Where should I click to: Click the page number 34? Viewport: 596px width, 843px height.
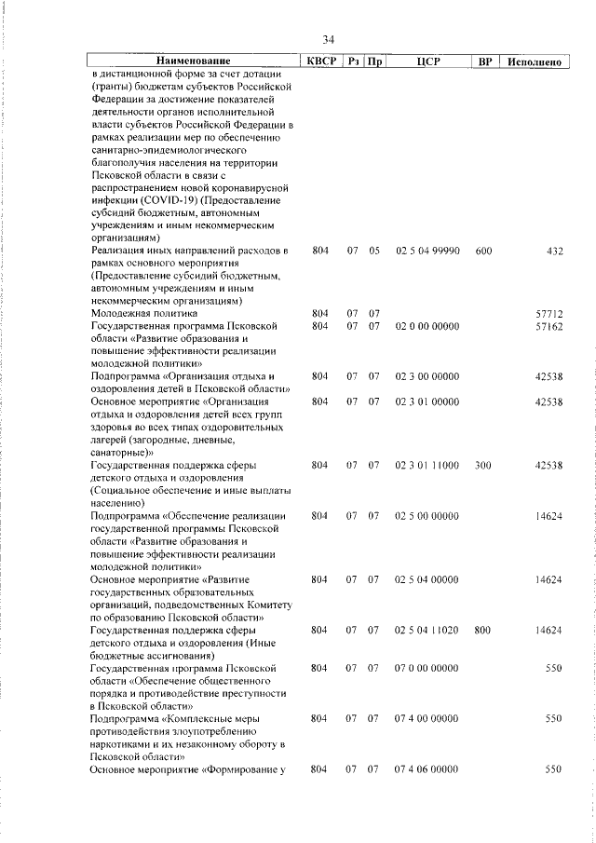(328, 40)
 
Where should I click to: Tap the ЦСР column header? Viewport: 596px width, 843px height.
(428, 61)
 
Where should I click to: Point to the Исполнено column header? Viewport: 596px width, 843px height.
(534, 61)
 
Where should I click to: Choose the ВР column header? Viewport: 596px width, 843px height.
(484, 61)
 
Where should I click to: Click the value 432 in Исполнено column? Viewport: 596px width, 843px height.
(553, 252)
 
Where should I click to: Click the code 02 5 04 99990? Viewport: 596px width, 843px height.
(428, 252)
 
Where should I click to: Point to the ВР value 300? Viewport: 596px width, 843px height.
(482, 464)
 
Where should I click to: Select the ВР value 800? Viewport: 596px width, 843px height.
(482, 631)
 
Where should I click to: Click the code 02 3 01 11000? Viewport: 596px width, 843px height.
(428, 464)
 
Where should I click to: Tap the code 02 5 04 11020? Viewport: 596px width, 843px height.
(428, 631)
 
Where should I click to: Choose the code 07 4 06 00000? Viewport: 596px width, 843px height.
(428, 769)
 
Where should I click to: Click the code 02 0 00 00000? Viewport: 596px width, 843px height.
(428, 327)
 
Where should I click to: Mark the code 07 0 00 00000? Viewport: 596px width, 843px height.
(428, 668)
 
